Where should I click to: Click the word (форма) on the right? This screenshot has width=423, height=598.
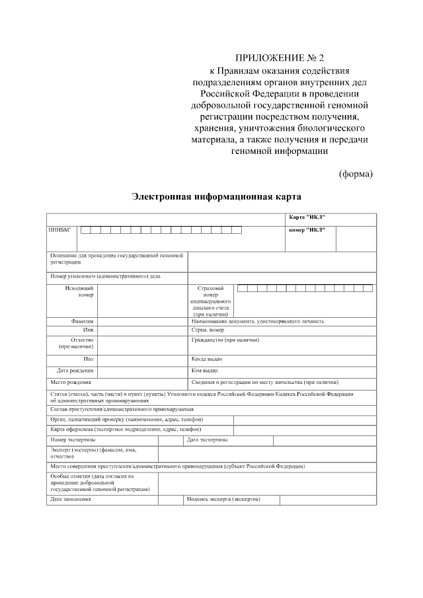click(356, 174)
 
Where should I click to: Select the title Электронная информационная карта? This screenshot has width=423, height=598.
click(216, 197)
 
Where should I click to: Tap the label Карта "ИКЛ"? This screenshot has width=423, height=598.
click(307, 218)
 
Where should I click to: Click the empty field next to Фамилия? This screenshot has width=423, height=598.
click(142, 321)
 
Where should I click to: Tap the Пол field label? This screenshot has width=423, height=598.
click(89, 359)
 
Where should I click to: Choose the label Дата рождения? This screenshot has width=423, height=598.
click(75, 371)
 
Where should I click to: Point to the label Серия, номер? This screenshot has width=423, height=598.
click(208, 330)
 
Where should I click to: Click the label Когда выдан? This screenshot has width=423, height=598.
click(207, 359)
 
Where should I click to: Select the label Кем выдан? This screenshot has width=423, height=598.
click(204, 371)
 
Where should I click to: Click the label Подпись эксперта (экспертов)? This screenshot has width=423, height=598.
click(224, 499)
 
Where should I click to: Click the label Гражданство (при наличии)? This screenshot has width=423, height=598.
click(225, 340)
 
